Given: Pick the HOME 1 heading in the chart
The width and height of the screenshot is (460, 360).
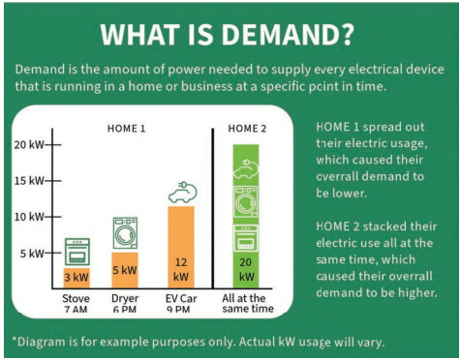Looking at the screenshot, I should pos(126,128).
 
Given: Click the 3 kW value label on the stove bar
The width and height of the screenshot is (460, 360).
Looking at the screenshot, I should pos(77,277).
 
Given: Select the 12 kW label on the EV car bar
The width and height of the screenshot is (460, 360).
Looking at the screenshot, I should pos(181,269).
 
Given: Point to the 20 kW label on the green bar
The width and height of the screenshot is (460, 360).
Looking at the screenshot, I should pos(246,269).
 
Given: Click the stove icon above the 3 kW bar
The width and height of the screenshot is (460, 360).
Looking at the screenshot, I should pos(77,251).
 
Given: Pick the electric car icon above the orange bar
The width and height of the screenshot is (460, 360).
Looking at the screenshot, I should pos(181,192).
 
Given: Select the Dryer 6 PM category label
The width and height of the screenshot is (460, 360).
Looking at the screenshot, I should pos(124,305).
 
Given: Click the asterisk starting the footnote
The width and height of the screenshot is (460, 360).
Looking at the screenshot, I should pos(15,340).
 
